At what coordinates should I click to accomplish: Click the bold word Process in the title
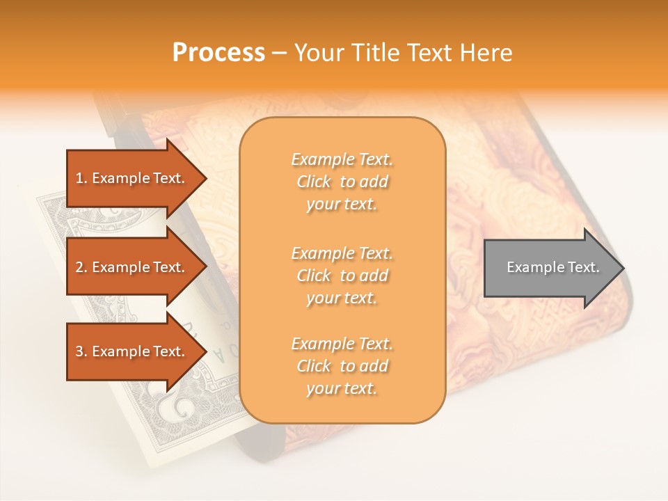click(x=218, y=53)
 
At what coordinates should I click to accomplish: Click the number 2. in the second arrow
click(x=81, y=267)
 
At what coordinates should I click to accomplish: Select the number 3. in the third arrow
click(x=81, y=351)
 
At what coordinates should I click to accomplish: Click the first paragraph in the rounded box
click(x=342, y=182)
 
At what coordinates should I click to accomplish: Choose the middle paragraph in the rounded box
click(x=342, y=276)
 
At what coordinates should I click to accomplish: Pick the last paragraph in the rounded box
click(x=342, y=366)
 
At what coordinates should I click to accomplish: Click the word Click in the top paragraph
click(x=314, y=182)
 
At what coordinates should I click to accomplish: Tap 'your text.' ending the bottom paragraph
click(x=342, y=389)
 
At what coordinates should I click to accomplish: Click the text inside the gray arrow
click(x=552, y=267)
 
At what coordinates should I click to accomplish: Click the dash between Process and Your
click(x=280, y=54)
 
